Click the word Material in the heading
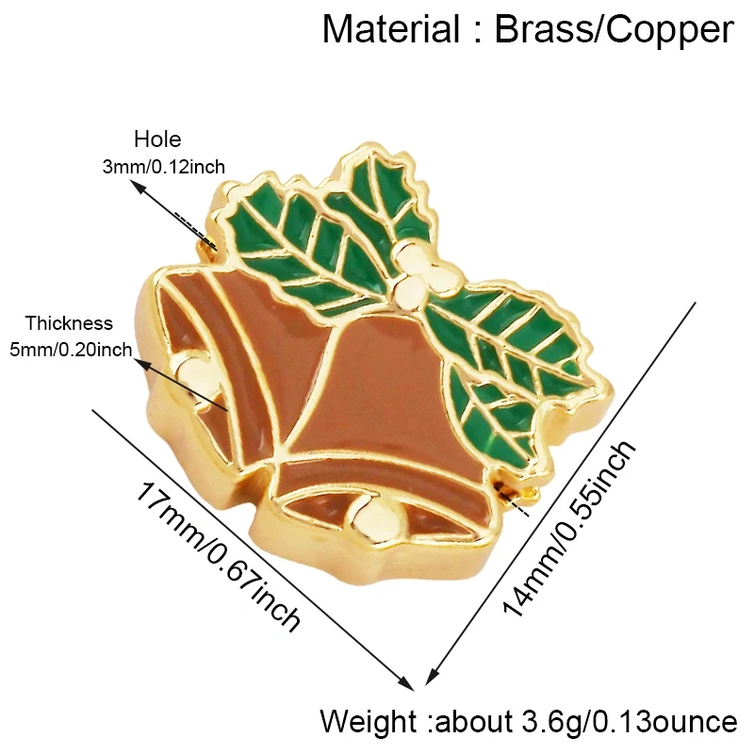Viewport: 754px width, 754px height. point(390,30)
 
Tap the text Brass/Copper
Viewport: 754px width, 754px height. point(615,30)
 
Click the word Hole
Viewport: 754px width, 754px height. point(157,139)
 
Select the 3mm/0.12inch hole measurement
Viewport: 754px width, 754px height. point(163,167)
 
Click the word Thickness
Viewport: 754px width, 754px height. point(69,323)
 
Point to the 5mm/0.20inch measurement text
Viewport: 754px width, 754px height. point(71,350)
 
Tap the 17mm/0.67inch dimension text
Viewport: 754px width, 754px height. point(219,556)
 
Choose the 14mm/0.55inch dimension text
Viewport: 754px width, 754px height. point(570,528)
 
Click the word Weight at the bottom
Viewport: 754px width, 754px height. point(369,722)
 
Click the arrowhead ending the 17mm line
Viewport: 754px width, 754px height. point(408,684)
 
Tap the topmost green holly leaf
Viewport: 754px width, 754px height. point(380,192)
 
